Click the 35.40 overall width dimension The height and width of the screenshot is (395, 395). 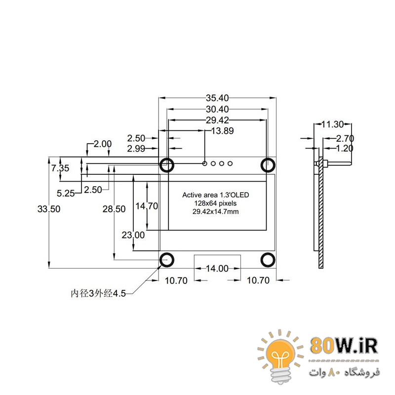pos(217,98)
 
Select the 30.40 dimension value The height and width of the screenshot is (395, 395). pos(217,109)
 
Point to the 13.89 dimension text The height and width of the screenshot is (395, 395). pos(223,131)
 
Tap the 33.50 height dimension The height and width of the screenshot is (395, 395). pos(49,209)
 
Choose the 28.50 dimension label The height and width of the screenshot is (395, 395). pos(114,209)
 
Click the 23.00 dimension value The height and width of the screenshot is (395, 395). pos(133,235)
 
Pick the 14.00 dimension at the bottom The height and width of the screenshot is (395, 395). pos(217,269)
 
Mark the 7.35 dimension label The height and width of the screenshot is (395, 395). pos(60,168)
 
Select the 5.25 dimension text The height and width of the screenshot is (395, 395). pos(66,194)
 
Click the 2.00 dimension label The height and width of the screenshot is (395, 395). pos(103,144)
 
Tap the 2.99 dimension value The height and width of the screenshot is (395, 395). pos(136,149)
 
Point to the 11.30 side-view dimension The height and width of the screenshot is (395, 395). pos(332,124)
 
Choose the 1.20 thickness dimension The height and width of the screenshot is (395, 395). pos(345,148)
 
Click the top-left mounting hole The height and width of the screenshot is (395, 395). pos(167,165)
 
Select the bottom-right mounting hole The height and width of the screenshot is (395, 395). pos(268,260)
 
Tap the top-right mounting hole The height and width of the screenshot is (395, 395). pos(268,165)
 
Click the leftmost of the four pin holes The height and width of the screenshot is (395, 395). pos(205,163)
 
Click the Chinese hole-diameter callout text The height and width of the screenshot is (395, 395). pos(98,293)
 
